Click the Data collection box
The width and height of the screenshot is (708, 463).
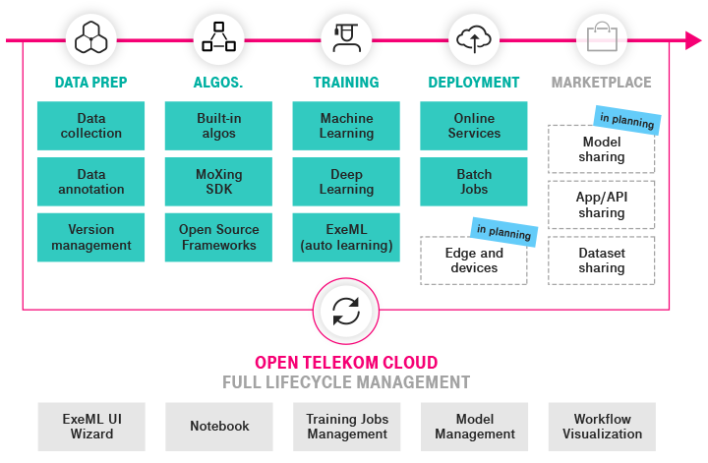click(x=91, y=126)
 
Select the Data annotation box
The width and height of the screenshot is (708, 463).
click(x=91, y=182)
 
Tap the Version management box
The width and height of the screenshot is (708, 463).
click(x=91, y=238)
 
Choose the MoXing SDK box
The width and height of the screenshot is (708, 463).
click(x=218, y=182)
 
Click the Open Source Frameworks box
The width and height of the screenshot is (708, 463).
click(x=218, y=238)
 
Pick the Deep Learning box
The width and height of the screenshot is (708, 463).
click(x=346, y=182)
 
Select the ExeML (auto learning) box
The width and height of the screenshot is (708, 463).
click(x=346, y=238)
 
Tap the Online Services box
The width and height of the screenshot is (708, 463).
click(x=474, y=126)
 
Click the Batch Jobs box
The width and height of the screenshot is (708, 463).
click(x=474, y=182)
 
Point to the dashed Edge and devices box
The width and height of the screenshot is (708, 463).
click(x=474, y=260)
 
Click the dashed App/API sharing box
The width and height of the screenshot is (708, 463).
click(x=601, y=204)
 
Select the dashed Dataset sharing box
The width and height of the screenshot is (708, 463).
click(x=601, y=260)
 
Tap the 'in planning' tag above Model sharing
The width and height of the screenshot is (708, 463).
click(x=626, y=120)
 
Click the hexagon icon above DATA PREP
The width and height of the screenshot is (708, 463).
click(x=91, y=40)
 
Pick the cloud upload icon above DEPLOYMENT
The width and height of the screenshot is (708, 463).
click(x=474, y=40)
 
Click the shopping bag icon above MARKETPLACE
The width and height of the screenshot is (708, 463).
click(x=601, y=40)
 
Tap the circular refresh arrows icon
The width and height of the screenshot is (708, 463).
click(x=346, y=310)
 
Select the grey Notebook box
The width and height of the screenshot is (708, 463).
click(x=218, y=426)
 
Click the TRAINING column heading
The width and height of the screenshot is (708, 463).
click(x=346, y=83)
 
